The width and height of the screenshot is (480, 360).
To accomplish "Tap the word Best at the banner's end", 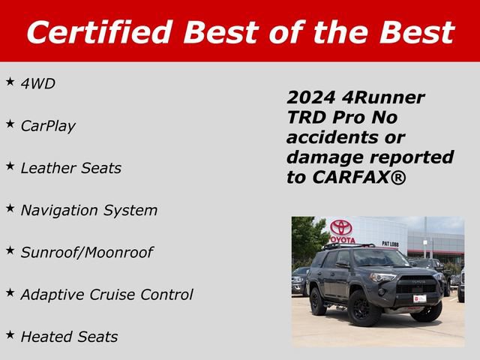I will (417, 31).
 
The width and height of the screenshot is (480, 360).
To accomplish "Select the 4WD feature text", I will (38, 84).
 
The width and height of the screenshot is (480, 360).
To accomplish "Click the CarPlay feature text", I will (48, 126).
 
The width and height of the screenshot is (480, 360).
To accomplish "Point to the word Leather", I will (47, 168).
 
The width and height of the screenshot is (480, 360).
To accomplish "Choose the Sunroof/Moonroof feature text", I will (86, 252).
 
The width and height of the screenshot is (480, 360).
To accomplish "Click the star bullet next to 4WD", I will (10, 81).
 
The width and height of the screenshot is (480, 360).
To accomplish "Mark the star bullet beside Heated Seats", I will (10, 334).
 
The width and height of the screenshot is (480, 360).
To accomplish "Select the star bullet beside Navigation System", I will (10, 207).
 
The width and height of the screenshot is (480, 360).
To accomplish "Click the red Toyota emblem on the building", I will (341, 227).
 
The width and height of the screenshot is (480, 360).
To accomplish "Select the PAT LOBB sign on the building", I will (390, 244).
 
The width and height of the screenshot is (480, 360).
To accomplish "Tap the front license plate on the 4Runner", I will (420, 298).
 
